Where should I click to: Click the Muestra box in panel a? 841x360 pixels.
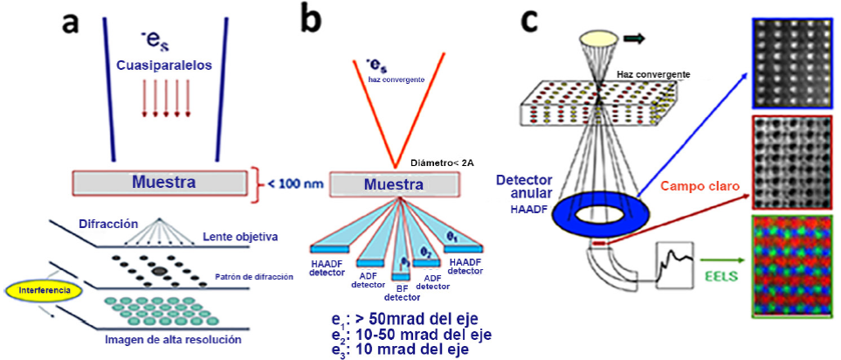pos(159,182)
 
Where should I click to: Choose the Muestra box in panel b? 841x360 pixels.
pos(394,184)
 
